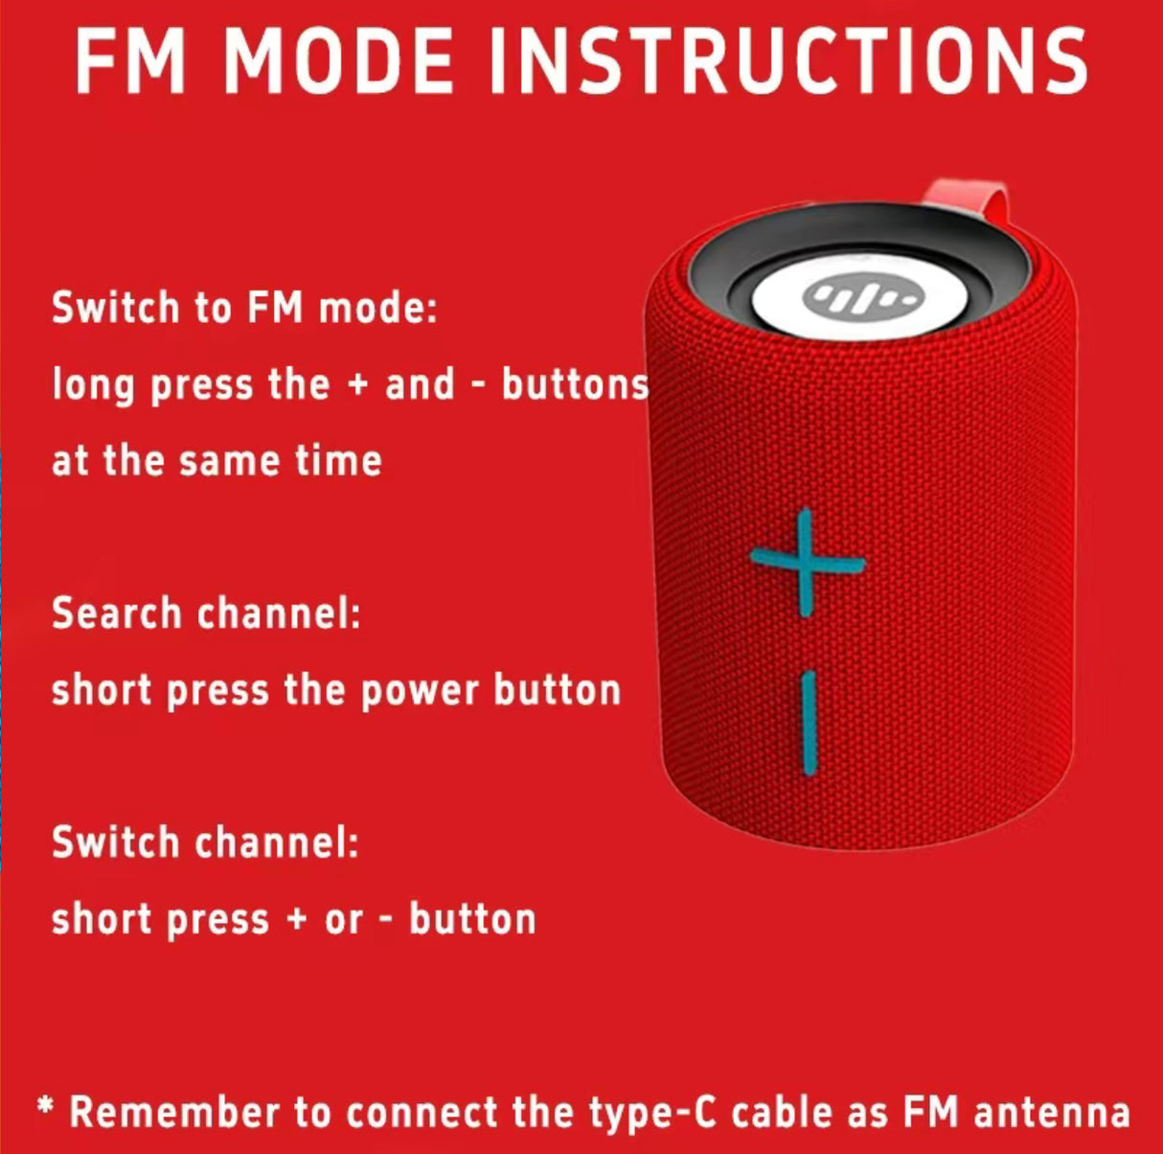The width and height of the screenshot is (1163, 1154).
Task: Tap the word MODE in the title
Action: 342,61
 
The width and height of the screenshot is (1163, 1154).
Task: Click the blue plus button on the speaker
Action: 807,563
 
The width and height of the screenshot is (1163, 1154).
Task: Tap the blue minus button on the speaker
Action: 810,723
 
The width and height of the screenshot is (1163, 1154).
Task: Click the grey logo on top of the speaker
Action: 863,296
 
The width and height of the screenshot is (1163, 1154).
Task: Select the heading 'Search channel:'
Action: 206,612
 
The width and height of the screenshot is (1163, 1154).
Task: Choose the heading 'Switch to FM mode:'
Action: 244,307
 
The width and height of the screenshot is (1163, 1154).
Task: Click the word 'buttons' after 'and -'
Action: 575,384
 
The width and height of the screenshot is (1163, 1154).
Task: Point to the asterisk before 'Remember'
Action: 45,1106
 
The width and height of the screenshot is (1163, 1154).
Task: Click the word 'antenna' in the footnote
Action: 1052,1113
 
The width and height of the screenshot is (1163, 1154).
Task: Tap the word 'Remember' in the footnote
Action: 174,1111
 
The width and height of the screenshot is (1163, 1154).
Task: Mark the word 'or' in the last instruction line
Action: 344,921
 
